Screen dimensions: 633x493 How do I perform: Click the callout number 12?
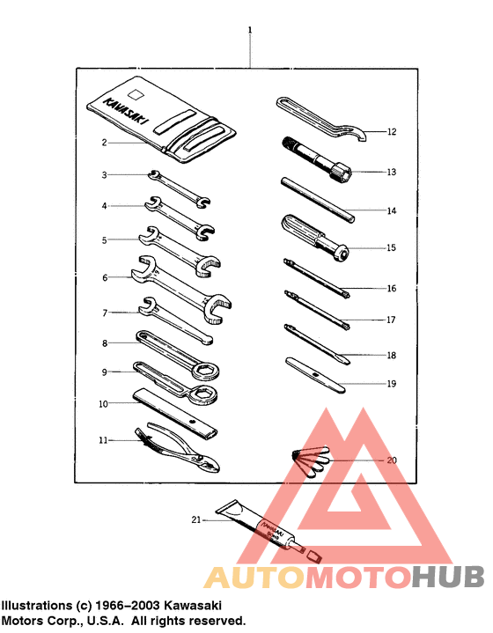[392, 132]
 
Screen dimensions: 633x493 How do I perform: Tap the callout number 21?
[196, 520]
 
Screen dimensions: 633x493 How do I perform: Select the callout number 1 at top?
[250, 30]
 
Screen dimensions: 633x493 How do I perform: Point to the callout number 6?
[104, 277]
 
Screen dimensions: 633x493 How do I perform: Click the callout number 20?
[392, 460]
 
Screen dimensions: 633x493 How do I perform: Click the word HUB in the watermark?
[448, 577]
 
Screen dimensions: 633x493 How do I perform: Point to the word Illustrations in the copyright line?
[36, 606]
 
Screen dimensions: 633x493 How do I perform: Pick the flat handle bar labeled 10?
[176, 415]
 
